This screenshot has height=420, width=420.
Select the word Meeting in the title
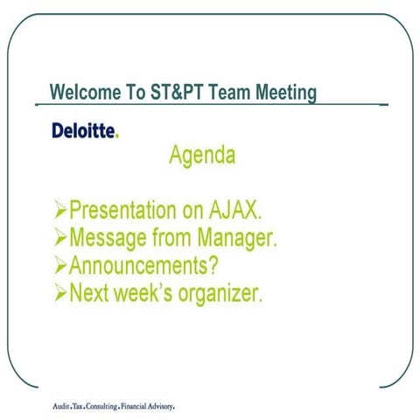283,92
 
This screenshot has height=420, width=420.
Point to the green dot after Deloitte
117,136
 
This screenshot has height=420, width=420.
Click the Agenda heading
201,157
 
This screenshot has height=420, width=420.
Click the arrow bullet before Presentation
59,211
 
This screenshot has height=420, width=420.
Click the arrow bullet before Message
59,238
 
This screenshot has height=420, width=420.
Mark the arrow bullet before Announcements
59,265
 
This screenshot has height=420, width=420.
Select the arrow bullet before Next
59,292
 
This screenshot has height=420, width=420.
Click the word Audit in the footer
63,407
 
